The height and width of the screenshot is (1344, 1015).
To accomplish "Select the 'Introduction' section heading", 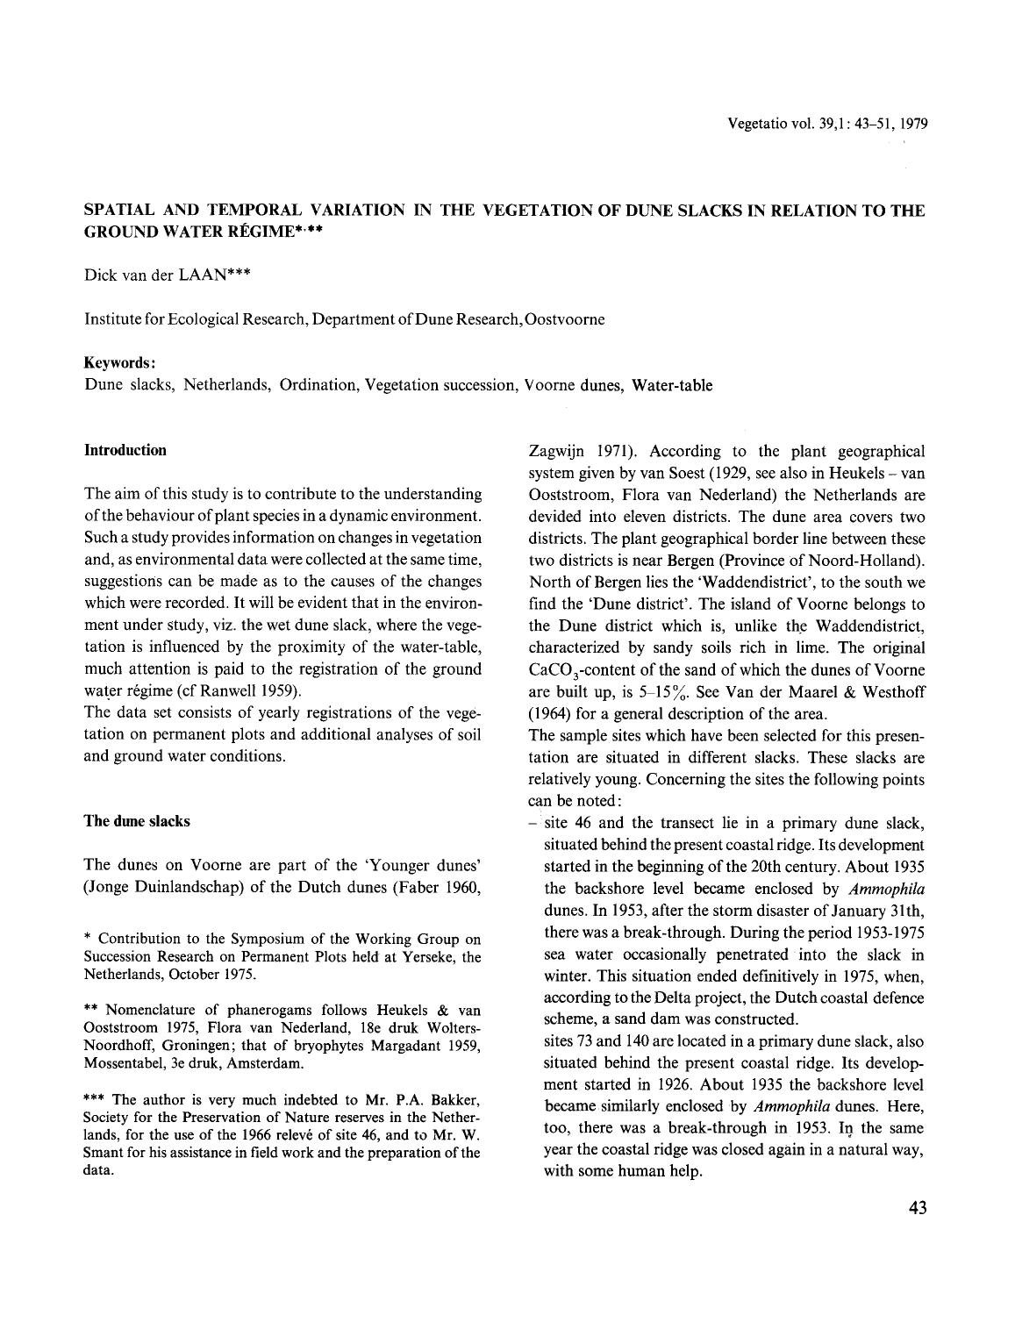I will [125, 450].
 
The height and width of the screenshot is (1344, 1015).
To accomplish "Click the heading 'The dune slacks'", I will [136, 821].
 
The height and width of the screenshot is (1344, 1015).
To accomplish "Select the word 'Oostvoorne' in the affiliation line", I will [564, 319].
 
